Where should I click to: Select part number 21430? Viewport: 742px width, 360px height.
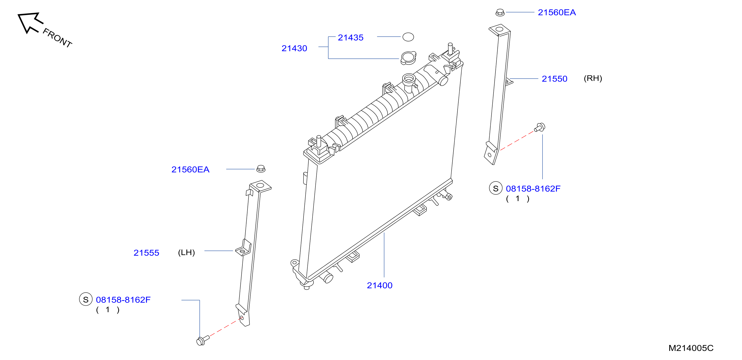(294, 48)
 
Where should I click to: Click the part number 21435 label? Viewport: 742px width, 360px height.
(351, 37)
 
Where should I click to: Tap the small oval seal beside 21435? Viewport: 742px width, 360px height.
(408, 37)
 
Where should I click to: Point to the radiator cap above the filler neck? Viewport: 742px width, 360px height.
(408, 58)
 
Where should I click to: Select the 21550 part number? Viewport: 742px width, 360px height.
(554, 79)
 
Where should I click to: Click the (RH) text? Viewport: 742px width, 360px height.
(593, 78)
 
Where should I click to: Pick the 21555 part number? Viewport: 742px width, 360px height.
(146, 253)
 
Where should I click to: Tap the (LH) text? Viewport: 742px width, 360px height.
(186, 253)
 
